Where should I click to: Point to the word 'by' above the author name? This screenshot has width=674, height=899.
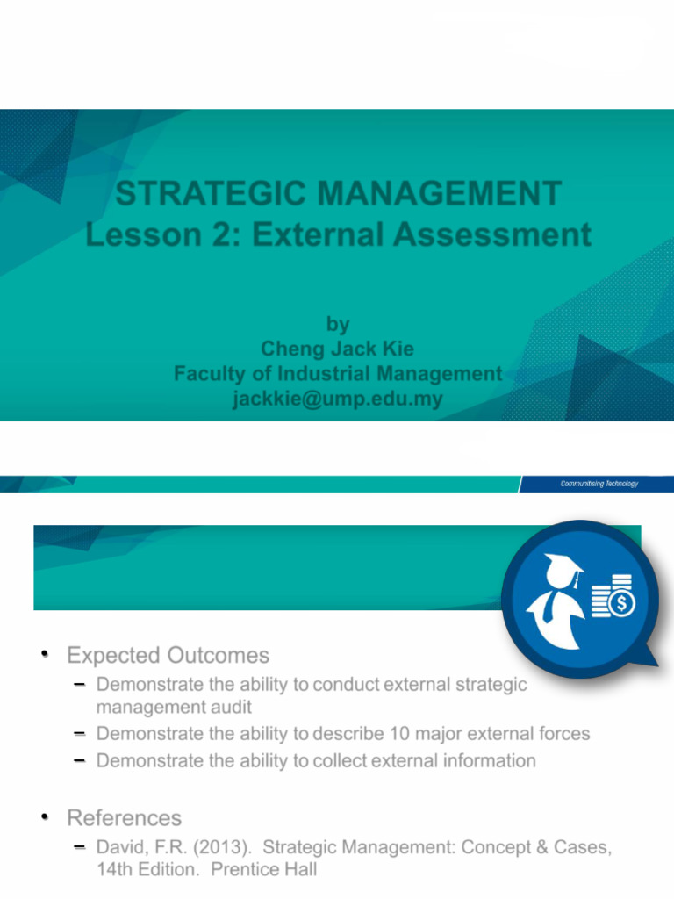(x=337, y=324)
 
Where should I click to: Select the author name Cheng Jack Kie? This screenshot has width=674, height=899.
(x=337, y=349)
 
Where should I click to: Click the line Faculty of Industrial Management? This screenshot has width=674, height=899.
(x=337, y=374)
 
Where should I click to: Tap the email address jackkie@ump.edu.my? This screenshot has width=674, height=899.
(x=337, y=399)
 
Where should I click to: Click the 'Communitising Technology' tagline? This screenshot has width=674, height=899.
(x=599, y=484)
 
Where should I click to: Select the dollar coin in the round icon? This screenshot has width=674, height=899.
(x=622, y=604)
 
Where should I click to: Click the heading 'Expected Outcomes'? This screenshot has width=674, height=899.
(x=168, y=656)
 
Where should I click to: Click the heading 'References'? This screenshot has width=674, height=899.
(x=124, y=818)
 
